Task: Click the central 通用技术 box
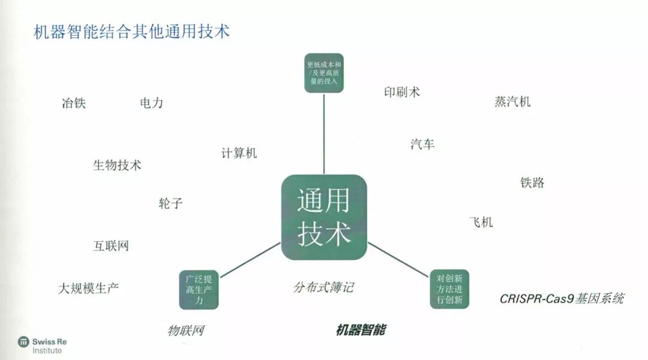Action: (x=324, y=217)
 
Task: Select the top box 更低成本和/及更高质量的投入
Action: (x=324, y=73)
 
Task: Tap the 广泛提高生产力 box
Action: (x=199, y=290)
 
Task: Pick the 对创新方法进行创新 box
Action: (x=449, y=289)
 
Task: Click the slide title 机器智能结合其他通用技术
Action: (x=132, y=31)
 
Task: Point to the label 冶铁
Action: (x=74, y=103)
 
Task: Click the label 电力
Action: (x=151, y=103)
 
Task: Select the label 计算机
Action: (x=239, y=153)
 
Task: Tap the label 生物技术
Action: (x=117, y=166)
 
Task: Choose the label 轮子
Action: (x=170, y=203)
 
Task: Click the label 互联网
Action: (x=111, y=245)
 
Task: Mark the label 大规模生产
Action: (x=88, y=288)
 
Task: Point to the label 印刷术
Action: (x=402, y=92)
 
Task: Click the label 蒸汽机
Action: (x=512, y=101)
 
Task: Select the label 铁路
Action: (x=532, y=182)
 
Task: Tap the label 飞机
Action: (x=481, y=222)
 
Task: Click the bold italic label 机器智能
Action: (x=361, y=330)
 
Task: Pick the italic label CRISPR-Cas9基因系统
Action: (x=562, y=298)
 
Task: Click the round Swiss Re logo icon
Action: (x=23, y=341)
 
